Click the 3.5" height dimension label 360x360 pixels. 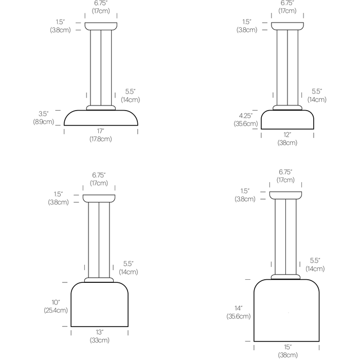[x=43, y=114]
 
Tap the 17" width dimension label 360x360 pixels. [x=101, y=131]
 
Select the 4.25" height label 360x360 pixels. [x=246, y=116]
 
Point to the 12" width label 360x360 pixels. [x=287, y=135]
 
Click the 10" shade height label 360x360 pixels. [x=56, y=302]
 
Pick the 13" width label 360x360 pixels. [x=99, y=332]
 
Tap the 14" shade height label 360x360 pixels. [x=238, y=309]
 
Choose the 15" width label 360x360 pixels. [x=287, y=347]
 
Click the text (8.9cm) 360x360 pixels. [x=43, y=122]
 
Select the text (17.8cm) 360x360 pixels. [x=101, y=139]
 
